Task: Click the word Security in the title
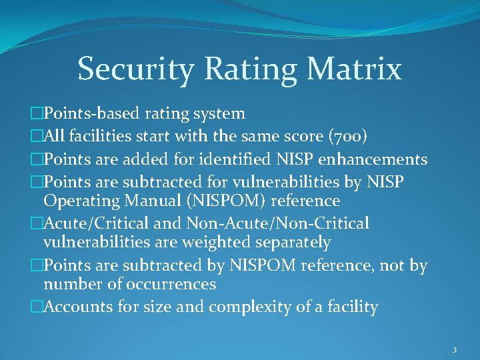click(135, 69)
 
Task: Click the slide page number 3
click(453, 349)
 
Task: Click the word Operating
click(81, 201)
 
